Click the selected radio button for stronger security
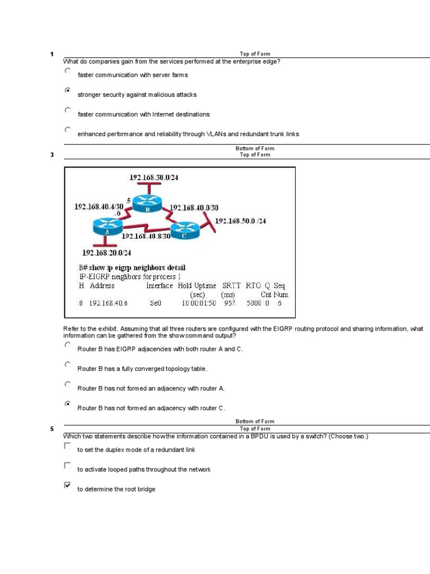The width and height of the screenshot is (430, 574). coord(68,90)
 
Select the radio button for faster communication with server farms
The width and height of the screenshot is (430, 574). coord(68,71)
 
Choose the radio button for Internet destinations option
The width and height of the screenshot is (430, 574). coord(68,110)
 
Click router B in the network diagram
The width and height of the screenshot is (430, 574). coord(148,203)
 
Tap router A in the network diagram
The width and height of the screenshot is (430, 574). coord(106,226)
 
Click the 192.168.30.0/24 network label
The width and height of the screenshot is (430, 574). coord(153,177)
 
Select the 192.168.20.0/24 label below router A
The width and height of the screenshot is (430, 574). coord(107,252)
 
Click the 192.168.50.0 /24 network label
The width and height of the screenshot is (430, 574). coord(240,221)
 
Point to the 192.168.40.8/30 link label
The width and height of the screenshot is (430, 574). coord(146,236)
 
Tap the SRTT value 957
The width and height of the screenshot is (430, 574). coord(230,303)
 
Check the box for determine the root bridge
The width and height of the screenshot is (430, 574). coord(68,485)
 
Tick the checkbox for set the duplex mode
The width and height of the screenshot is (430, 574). coord(68,446)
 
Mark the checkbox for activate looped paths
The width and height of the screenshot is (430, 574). coord(68,466)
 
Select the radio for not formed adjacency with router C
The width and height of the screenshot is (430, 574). coord(68,404)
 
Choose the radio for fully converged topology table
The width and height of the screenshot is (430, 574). coord(68,364)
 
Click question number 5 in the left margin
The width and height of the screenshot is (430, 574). coord(52,429)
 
